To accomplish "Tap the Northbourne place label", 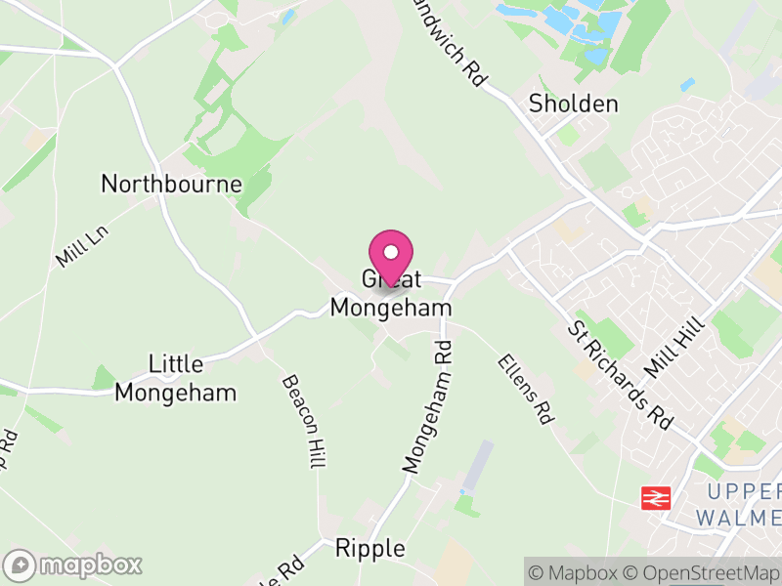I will coord(171,183).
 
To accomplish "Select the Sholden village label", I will coord(573,104).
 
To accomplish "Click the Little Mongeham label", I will coord(176,378).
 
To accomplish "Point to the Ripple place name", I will coord(369,548).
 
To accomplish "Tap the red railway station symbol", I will coord(654,499).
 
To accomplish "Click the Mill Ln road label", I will coord(79,245).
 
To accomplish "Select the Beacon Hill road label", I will coord(303,422).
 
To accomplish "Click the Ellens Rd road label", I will coord(525,388).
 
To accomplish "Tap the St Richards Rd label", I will coord(620,371).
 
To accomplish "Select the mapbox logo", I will coord(73,565).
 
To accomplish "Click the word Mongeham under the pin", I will coord(391,308).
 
